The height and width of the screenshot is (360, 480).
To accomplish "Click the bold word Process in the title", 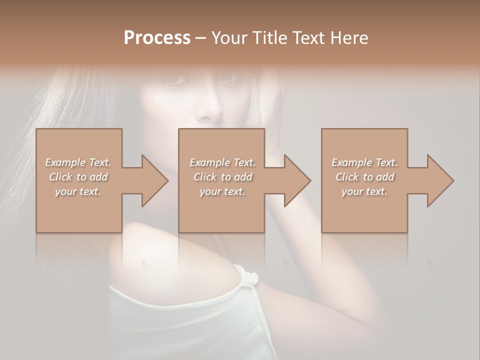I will [157, 38].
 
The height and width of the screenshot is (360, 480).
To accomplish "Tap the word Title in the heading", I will [270, 38].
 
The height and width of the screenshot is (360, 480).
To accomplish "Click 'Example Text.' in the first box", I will [78, 162].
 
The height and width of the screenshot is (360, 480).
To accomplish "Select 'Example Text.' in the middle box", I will [222, 162].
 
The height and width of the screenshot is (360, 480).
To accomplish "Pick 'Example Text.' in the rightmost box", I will [364, 162].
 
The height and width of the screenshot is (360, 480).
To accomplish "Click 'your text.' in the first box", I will [78, 192].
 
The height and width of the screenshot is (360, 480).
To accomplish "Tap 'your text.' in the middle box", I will [222, 192].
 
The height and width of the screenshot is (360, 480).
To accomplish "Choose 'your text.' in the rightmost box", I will [364, 192].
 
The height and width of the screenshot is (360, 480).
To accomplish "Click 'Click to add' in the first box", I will [78, 177].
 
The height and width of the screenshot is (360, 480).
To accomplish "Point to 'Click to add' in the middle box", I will [222, 177].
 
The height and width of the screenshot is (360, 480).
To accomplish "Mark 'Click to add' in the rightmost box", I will [364, 177].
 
